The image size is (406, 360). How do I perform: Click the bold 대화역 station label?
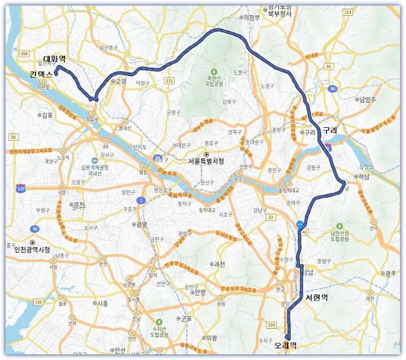(x=55, y=59)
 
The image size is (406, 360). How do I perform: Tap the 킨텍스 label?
(x=41, y=74)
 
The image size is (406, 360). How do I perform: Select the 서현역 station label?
(x=317, y=298)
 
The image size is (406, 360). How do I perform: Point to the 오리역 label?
(x=285, y=345)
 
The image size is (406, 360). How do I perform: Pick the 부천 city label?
(x=78, y=205)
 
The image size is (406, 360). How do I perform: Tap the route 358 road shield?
(x=24, y=53)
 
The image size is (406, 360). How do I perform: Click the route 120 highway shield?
(x=21, y=189)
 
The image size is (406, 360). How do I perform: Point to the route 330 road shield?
(x=38, y=301)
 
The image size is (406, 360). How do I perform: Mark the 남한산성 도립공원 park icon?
(x=339, y=225)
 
